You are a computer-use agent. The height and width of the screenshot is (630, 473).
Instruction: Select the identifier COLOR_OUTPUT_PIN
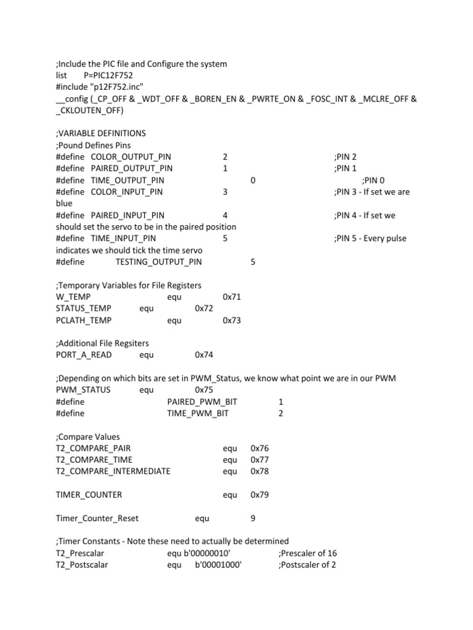(x=131, y=157)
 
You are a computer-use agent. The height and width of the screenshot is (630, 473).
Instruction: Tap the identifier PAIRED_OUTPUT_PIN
(x=132, y=169)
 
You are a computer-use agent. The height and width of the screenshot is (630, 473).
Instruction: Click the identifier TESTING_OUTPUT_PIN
(x=158, y=262)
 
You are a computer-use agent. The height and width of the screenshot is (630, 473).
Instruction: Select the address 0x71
(x=232, y=297)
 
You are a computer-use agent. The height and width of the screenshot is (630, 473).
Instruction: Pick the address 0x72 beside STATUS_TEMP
(x=204, y=309)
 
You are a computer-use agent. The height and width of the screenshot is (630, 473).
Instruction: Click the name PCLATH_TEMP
(x=84, y=321)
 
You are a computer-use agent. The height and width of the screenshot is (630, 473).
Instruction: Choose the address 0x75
(x=204, y=391)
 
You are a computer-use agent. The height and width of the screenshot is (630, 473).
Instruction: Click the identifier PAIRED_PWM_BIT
(x=202, y=402)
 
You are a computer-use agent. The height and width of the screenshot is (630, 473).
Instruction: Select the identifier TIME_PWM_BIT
(x=198, y=414)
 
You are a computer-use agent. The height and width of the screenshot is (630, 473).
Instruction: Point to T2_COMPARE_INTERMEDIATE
(x=113, y=472)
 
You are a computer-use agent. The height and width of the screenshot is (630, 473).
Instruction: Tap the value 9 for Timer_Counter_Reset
(x=253, y=519)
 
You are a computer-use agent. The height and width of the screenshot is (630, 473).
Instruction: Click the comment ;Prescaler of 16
(x=307, y=554)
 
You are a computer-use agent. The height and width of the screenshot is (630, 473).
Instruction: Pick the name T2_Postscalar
(x=82, y=565)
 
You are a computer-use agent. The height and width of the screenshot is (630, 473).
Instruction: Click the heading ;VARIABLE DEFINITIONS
(x=100, y=134)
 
